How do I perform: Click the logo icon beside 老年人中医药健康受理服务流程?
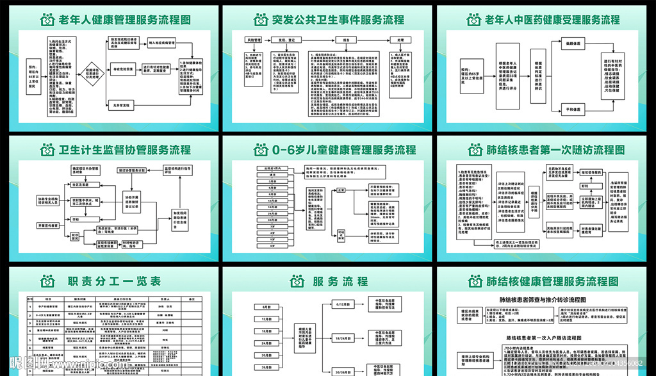point(475,19)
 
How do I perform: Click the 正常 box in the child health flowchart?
point(341,190)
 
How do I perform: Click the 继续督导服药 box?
point(593,172)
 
